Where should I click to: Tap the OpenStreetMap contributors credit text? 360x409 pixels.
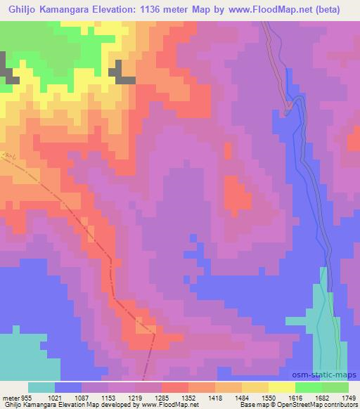click(x=315, y=405)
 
